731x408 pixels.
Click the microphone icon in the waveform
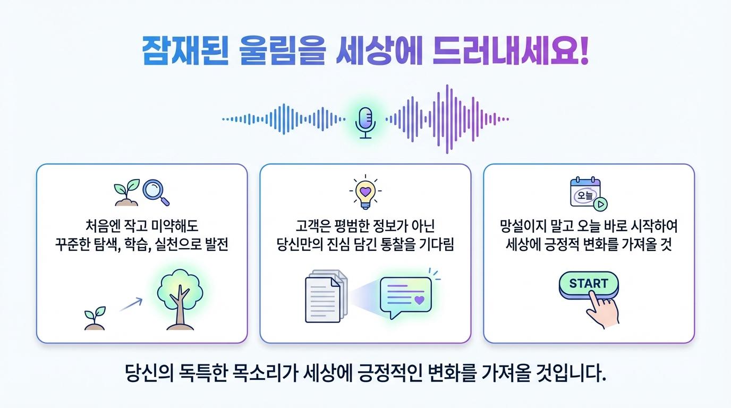pyautogui.click(x=365, y=123)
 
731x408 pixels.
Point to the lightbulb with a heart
pyautogui.click(x=365, y=192)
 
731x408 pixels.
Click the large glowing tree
pyautogui.click(x=180, y=299)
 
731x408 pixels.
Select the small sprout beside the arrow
pyautogui.click(x=95, y=318)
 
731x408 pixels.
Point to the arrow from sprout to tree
pyautogui.click(x=131, y=304)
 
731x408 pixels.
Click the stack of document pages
pyautogui.click(x=326, y=296)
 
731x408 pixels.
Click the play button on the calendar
pyautogui.click(x=600, y=205)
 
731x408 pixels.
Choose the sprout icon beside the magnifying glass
pyautogui.click(x=127, y=192)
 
